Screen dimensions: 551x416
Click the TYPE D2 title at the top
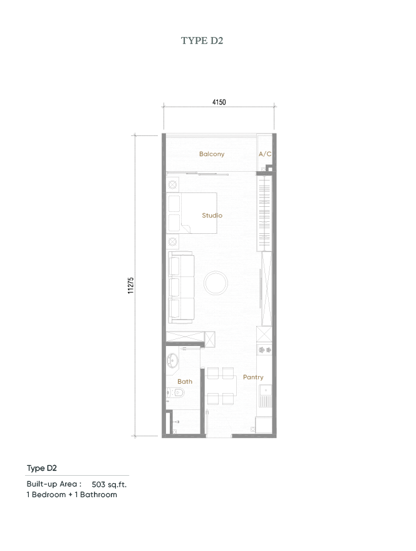click(202, 41)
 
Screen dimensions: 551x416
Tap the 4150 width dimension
click(219, 102)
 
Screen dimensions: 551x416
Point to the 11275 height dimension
click(130, 285)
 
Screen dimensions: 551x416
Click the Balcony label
click(212, 154)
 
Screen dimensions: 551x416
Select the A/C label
click(264, 154)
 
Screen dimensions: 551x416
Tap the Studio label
click(212, 216)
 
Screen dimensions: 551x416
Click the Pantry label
click(253, 377)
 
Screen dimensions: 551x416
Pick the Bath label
click(184, 381)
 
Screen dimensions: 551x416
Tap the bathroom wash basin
click(174, 360)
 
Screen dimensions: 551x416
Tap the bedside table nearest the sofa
click(173, 241)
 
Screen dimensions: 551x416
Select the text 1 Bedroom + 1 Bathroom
click(71, 495)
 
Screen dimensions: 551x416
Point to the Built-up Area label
click(54, 485)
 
